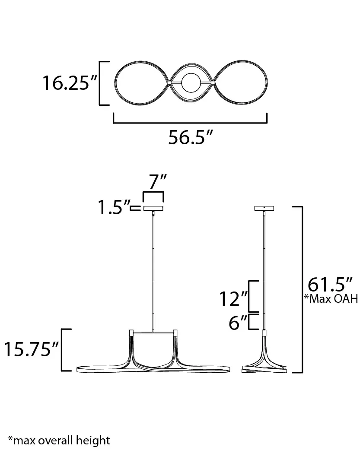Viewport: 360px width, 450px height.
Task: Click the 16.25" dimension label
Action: tap(70, 83)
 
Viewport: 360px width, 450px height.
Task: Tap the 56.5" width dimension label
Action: tap(191, 137)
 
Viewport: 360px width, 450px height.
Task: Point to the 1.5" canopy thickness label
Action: tap(114, 207)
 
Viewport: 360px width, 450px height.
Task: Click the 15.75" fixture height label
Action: tap(31, 349)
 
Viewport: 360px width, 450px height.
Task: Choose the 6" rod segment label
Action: tap(238, 322)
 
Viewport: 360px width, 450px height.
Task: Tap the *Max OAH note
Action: tap(331, 299)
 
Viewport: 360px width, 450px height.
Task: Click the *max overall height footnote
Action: tap(59, 440)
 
